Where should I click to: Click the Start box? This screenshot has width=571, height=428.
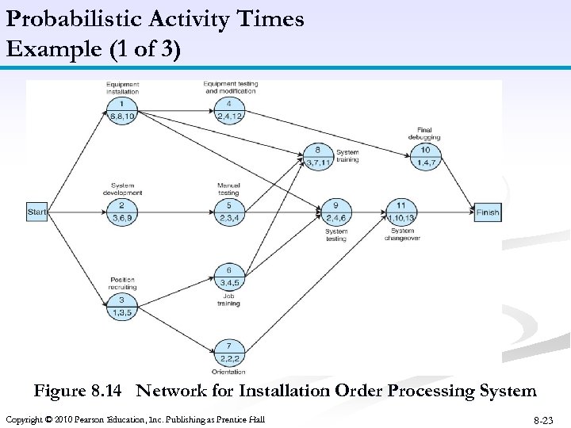37,212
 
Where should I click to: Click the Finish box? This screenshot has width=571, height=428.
488,212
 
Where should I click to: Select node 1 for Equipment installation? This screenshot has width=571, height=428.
122,109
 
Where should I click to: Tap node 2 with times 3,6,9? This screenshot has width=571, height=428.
122,212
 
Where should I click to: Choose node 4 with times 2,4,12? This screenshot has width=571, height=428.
228,109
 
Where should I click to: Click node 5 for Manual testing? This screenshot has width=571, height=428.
228,212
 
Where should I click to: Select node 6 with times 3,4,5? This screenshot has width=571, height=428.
228,277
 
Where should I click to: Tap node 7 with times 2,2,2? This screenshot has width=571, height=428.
228,352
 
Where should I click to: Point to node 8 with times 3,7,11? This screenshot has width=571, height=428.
318,156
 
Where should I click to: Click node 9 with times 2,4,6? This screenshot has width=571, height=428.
335,212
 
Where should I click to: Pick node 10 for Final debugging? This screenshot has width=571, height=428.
425,156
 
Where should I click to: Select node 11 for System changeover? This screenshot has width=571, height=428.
401,212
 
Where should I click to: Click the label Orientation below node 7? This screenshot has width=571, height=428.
228,371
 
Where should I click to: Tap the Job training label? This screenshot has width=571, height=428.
228,300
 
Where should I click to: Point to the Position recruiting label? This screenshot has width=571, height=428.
122,282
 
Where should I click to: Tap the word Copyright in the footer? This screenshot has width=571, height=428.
26,418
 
